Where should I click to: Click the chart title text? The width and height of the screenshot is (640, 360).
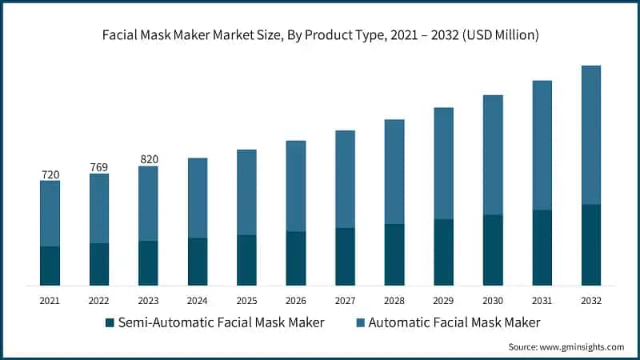(320, 35)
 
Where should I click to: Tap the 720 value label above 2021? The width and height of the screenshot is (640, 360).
(50, 174)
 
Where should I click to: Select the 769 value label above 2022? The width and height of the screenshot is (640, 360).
(99, 166)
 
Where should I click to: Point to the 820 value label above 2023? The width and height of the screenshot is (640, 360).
(148, 159)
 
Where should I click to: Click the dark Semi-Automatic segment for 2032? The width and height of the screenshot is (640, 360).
(591, 245)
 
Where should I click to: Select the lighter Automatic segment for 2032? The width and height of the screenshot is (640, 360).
(591, 134)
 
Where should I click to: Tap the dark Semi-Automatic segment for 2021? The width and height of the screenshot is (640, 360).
(50, 266)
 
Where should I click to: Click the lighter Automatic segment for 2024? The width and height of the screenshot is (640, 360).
(198, 198)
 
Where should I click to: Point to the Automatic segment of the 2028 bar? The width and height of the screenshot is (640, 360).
(394, 171)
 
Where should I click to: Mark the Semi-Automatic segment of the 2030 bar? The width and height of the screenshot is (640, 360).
(493, 250)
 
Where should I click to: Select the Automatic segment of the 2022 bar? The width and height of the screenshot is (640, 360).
(99, 208)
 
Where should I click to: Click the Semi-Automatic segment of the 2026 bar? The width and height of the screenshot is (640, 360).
(296, 258)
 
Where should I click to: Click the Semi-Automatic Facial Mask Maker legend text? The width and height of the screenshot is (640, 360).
(221, 322)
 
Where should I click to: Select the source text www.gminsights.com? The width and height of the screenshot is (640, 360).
(566, 347)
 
